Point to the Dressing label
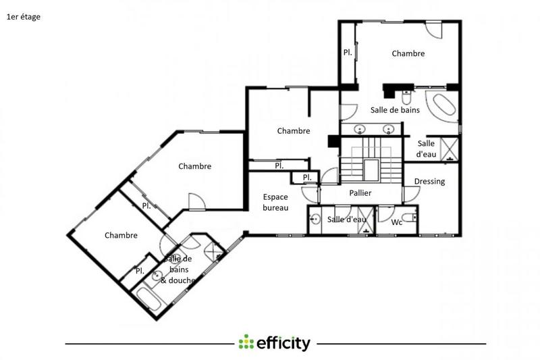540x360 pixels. (x=429, y=181)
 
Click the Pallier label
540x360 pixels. (x=360, y=193)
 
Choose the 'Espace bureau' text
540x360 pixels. (x=275, y=202)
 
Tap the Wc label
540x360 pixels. (x=397, y=221)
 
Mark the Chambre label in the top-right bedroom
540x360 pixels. (x=408, y=53)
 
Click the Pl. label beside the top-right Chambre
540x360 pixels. (x=348, y=53)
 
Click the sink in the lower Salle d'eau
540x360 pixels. (x=316, y=218)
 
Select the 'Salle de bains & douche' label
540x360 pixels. (x=178, y=269)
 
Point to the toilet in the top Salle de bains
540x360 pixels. (x=405, y=94)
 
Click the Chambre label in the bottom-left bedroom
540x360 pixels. (x=122, y=235)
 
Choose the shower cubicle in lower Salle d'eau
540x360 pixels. (x=365, y=225)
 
